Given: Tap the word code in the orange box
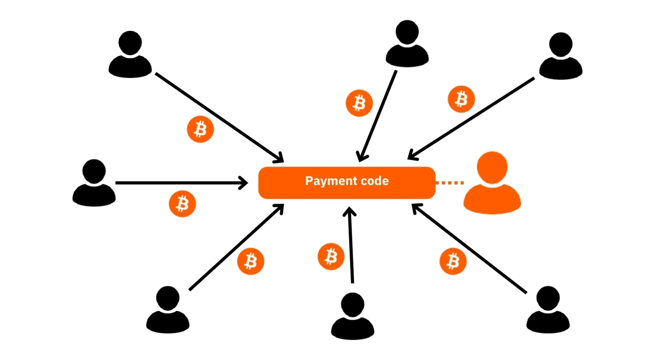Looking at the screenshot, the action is click(x=375, y=181).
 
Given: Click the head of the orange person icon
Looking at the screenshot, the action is click(x=492, y=167).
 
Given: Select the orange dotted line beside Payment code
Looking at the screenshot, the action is click(x=450, y=183).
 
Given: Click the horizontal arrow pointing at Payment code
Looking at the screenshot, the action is click(x=181, y=183).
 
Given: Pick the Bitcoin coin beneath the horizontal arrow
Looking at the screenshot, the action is click(x=182, y=204).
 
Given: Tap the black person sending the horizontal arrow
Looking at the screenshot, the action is click(x=94, y=183).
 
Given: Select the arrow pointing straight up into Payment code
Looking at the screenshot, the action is click(x=351, y=245).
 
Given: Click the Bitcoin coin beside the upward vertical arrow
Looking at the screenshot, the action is click(x=331, y=257).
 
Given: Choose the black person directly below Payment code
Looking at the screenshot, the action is click(x=352, y=316).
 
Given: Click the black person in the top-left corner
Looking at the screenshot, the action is click(x=130, y=54).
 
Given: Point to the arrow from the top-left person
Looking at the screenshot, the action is click(x=219, y=118).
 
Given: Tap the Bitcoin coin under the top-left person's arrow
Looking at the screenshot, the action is click(x=200, y=129).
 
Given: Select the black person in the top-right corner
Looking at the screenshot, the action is click(x=561, y=56).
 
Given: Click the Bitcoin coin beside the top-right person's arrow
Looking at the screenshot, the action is click(x=462, y=99).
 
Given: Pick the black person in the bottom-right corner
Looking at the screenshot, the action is click(x=548, y=309).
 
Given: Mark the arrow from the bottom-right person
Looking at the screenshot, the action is click(x=469, y=248).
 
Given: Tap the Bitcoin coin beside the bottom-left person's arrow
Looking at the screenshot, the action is click(x=250, y=261).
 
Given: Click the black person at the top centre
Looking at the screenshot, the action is click(x=407, y=43).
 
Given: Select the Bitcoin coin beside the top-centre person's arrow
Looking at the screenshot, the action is click(x=359, y=103).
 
